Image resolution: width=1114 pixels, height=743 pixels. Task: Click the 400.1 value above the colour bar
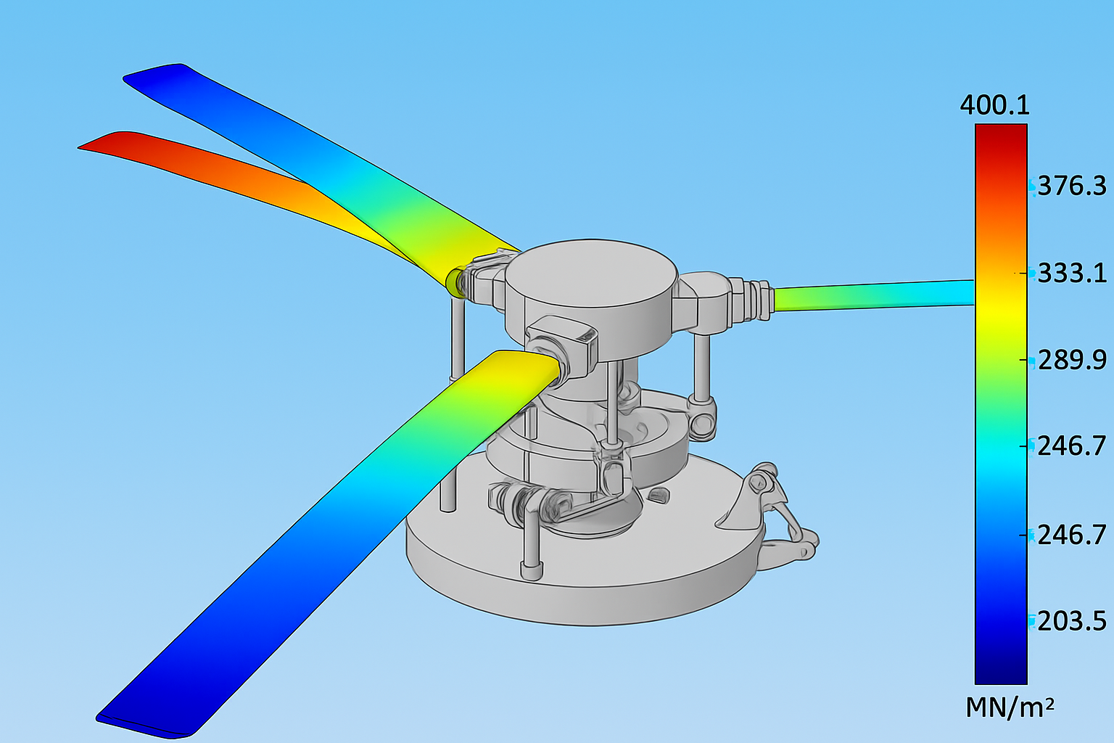click(994, 106)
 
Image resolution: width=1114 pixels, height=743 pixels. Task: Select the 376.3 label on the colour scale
click(1072, 186)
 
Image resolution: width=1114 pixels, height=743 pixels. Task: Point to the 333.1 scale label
click(1072, 274)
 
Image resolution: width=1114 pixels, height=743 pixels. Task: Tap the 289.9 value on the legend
click(1072, 360)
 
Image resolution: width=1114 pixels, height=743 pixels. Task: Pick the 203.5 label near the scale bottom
click(1072, 621)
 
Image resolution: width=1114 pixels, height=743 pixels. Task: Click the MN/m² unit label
click(1009, 707)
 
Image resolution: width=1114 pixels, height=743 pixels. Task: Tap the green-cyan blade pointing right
click(870, 294)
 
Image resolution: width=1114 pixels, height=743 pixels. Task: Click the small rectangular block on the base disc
click(659, 496)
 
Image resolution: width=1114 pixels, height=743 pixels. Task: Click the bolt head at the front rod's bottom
click(530, 569)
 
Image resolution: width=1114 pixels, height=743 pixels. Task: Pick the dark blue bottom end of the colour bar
click(1000, 675)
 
